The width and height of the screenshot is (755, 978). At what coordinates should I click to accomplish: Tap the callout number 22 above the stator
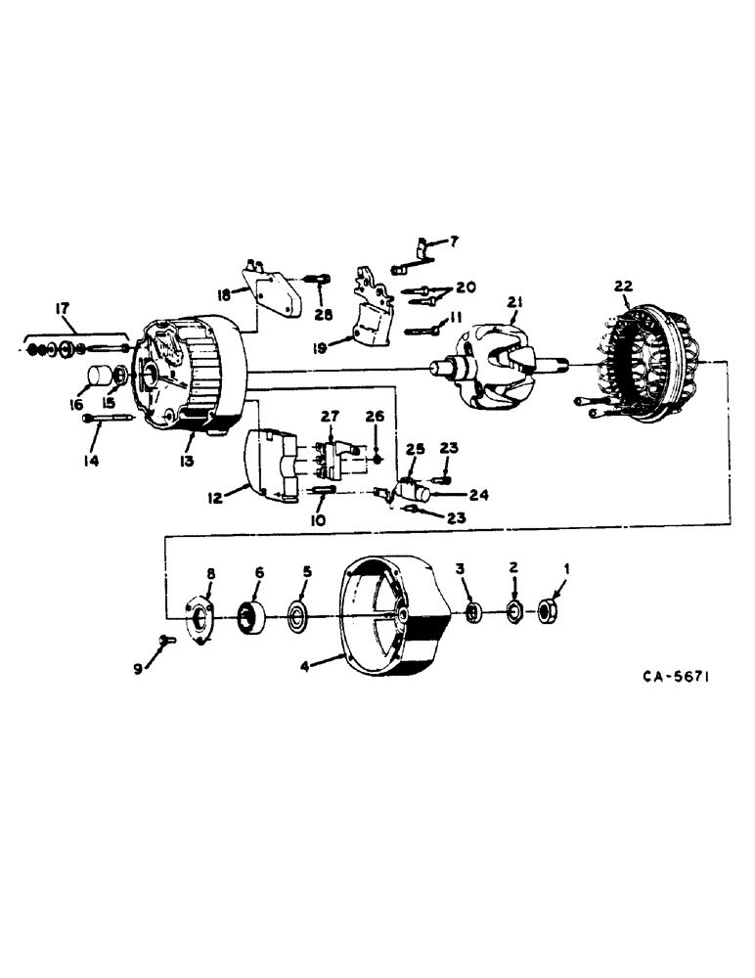tap(624, 286)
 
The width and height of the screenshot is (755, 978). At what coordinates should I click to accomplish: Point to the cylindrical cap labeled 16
tap(97, 377)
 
